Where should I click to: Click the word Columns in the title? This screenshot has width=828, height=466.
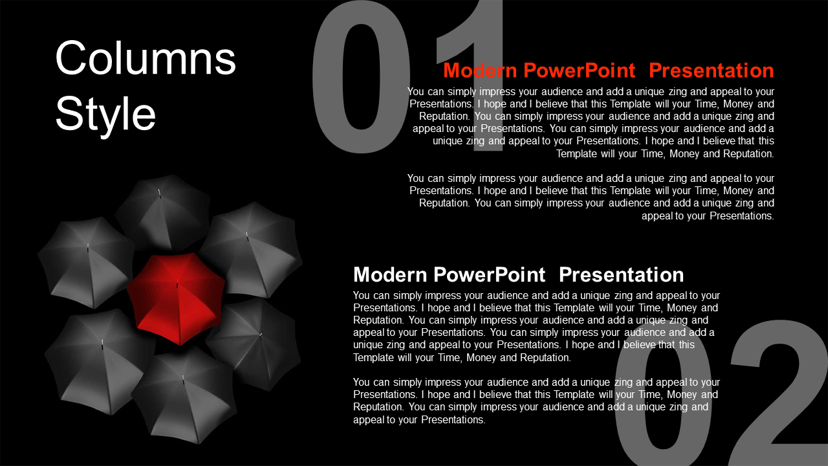click(146, 58)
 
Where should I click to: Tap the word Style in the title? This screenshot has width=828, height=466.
click(105, 115)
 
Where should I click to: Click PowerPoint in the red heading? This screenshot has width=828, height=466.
click(579, 71)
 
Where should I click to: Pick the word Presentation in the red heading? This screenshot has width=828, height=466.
click(711, 71)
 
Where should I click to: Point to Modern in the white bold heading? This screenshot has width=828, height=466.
click(390, 275)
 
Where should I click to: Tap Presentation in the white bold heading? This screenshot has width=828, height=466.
click(622, 275)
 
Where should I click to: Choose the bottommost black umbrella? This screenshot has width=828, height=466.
click(184, 395)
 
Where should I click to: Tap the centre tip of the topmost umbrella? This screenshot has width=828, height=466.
click(160, 193)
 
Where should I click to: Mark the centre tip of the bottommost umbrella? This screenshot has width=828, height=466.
click(183, 379)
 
